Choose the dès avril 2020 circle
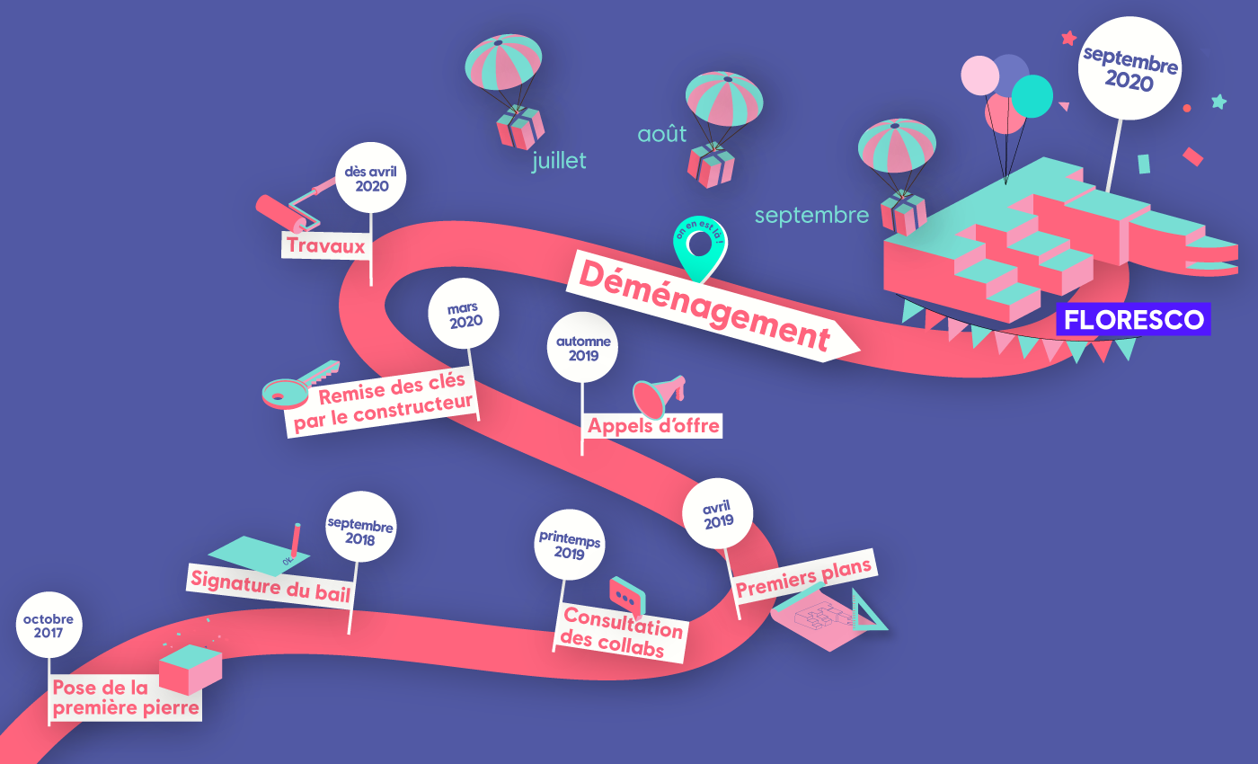point(372,178)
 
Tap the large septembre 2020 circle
point(1130,69)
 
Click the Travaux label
point(326,245)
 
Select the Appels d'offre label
point(653,425)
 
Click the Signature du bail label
point(270,584)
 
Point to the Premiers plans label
point(804,578)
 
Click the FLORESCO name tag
point(1133,320)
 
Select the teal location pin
point(701,247)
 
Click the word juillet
point(559,161)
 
